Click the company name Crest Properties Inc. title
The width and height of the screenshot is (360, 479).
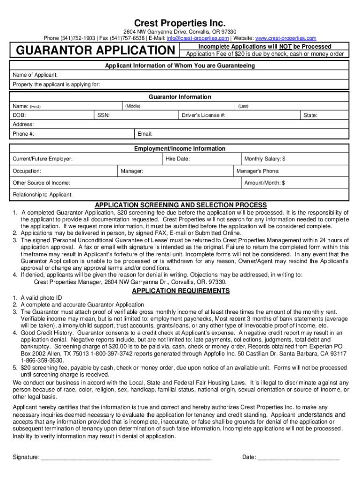coord(180,23)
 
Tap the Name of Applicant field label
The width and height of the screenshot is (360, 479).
coord(35,75)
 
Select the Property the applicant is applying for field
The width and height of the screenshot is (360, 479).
coord(56,85)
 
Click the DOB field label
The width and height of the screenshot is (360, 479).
coord(19,115)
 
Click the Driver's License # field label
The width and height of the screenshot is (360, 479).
coord(203,115)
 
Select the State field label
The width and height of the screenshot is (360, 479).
coord(310,115)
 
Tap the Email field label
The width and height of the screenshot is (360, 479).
coord(145,134)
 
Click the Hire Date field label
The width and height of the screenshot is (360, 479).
coord(178,159)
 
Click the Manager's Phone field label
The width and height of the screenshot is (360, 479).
coord(258,171)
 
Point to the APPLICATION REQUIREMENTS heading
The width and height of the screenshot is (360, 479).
coord(181,291)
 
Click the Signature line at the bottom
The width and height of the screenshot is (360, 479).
coord(126,457)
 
